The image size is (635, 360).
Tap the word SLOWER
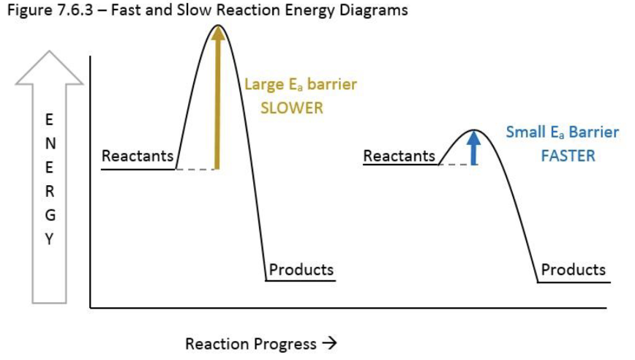pos(291,108)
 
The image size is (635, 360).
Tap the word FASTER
pos(567,156)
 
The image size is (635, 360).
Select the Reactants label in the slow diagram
pos(138,156)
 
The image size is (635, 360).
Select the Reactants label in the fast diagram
pos(399,156)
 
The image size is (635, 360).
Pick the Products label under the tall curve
pos(301,269)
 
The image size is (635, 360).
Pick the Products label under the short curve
pos(573,269)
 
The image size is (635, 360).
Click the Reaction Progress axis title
pos(260,344)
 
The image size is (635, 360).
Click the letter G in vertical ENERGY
pos(49,215)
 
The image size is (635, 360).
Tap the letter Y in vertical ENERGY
pos(49,239)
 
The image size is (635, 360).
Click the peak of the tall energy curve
pos(217,26)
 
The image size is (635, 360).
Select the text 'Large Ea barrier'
pos(300,85)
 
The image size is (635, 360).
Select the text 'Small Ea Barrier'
pos(562,133)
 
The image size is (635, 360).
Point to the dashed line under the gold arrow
pos(195,170)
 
